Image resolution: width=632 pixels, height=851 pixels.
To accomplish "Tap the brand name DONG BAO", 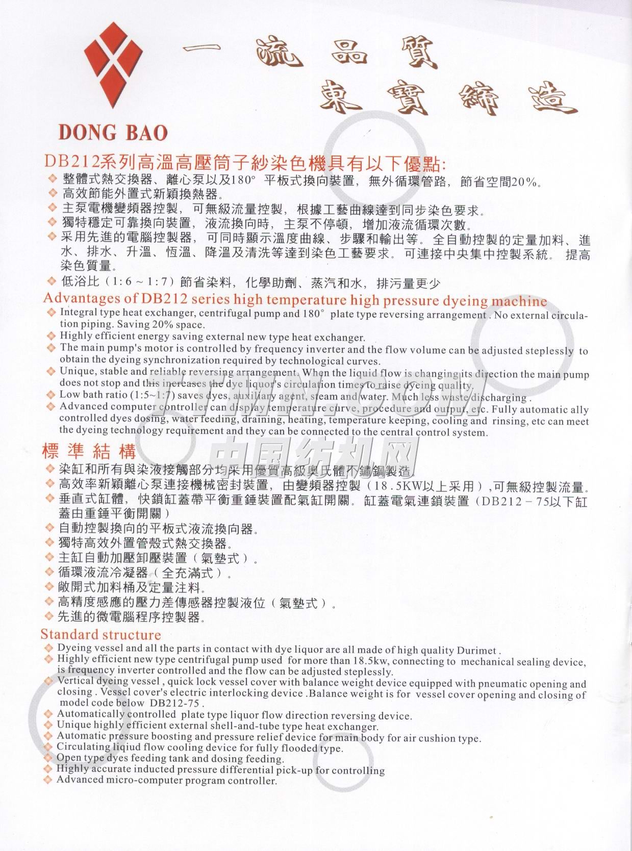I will coord(113,133).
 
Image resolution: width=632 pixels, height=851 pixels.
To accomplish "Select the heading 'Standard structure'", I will coord(100,635).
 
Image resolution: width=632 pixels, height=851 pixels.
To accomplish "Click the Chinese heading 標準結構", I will coord(89,452).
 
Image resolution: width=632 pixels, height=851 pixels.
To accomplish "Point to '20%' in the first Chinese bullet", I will coord(524,182).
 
